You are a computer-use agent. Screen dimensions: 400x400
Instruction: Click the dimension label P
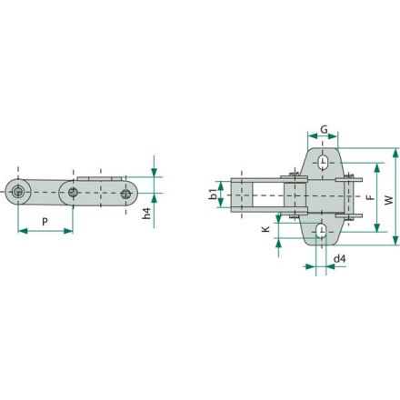45,222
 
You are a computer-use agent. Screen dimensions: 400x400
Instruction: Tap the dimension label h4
146,214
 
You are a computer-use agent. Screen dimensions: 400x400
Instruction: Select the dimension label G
324,129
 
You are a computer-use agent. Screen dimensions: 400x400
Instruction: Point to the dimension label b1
214,195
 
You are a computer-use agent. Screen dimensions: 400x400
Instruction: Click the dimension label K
265,229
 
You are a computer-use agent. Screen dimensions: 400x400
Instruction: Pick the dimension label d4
339,259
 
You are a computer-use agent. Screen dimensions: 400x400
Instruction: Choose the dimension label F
370,198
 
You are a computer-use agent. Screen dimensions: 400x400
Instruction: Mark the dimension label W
389,200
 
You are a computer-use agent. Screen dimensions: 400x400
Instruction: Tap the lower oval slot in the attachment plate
321,231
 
